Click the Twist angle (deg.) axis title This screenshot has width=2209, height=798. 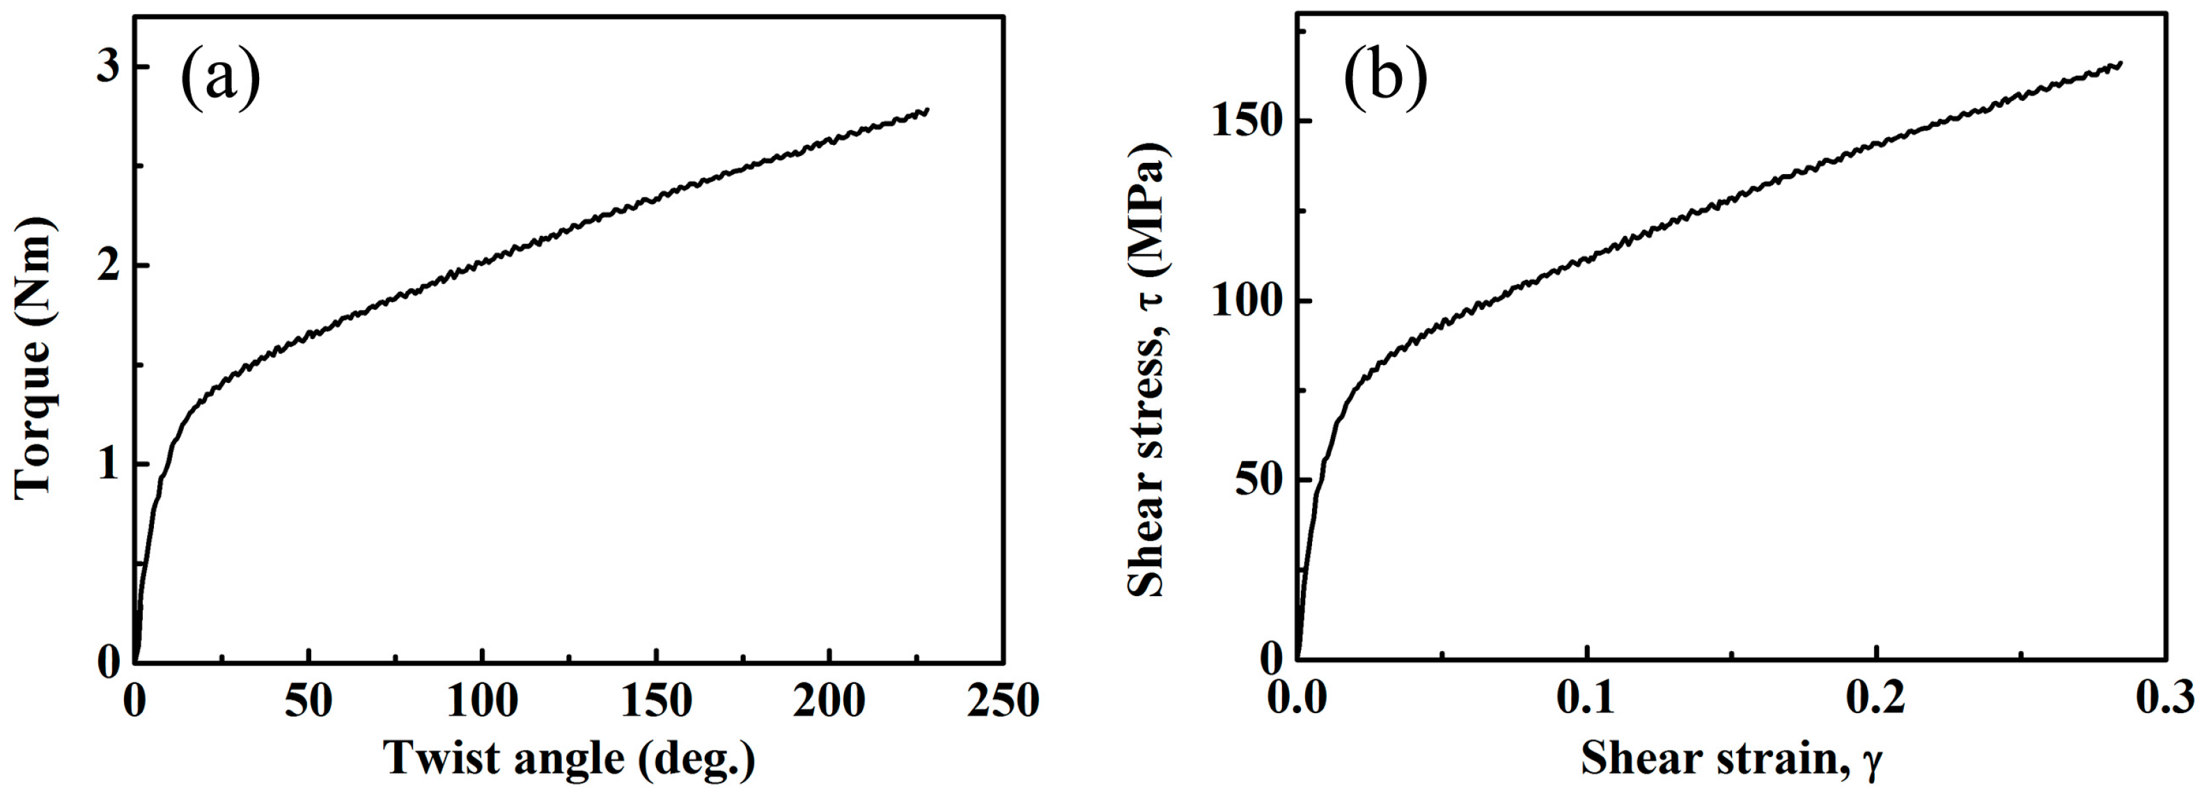coord(570,758)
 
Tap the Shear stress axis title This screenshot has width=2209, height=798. coord(1148,368)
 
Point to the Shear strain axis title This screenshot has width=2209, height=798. coord(1731,758)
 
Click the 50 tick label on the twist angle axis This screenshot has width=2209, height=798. coord(308,701)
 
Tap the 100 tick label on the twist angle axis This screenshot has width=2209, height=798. coord(482,701)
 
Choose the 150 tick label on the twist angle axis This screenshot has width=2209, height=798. coord(656,701)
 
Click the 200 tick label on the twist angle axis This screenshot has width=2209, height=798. coord(829,701)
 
